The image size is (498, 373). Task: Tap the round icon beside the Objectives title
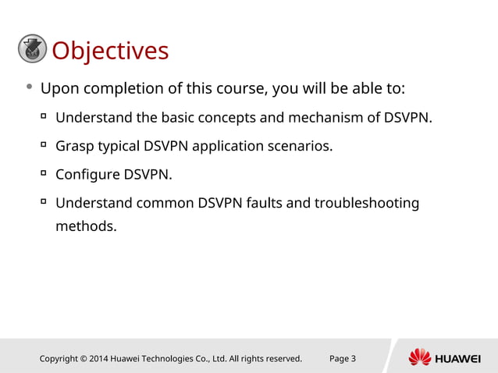pyautogui.click(x=32, y=49)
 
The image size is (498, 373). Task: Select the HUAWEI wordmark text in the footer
pyautogui.click(x=457, y=359)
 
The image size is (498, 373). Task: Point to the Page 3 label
pyautogui.click(x=343, y=359)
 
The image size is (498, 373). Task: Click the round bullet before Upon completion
pyautogui.click(x=29, y=87)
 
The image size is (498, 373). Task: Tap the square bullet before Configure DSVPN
pyautogui.click(x=44, y=172)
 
